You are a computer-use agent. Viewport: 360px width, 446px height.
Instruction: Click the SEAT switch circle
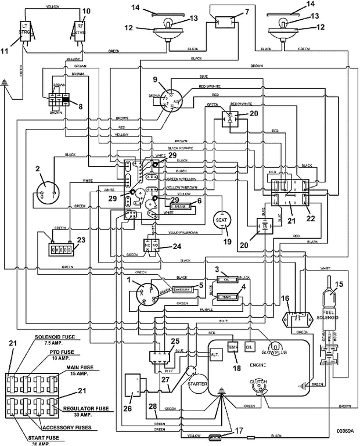tap(221, 221)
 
